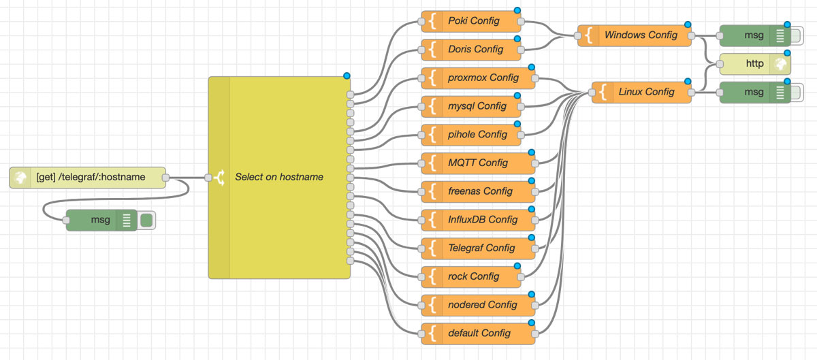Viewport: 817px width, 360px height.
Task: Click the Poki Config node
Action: point(473,21)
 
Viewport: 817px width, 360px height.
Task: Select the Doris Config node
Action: point(475,50)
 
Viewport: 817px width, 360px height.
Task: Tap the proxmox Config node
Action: point(483,78)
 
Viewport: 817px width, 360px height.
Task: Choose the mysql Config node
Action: point(477,106)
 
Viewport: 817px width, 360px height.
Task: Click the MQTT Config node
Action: point(477,163)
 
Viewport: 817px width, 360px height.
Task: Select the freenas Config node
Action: point(480,191)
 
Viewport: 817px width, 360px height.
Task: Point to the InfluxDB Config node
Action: point(483,220)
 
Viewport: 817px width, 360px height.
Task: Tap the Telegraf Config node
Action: point(481,248)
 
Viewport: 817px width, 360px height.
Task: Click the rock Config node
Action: point(473,277)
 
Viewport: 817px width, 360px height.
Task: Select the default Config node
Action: point(479,333)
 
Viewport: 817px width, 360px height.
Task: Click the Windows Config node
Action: point(640,35)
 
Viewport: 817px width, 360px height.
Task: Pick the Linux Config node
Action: point(646,92)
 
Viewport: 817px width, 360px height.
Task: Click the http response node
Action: point(754,64)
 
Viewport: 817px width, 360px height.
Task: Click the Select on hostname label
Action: point(279,177)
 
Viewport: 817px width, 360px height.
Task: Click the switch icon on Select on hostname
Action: point(219,178)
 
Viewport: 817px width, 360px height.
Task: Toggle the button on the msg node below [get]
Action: point(146,220)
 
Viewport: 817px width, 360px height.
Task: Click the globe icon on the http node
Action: point(780,64)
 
